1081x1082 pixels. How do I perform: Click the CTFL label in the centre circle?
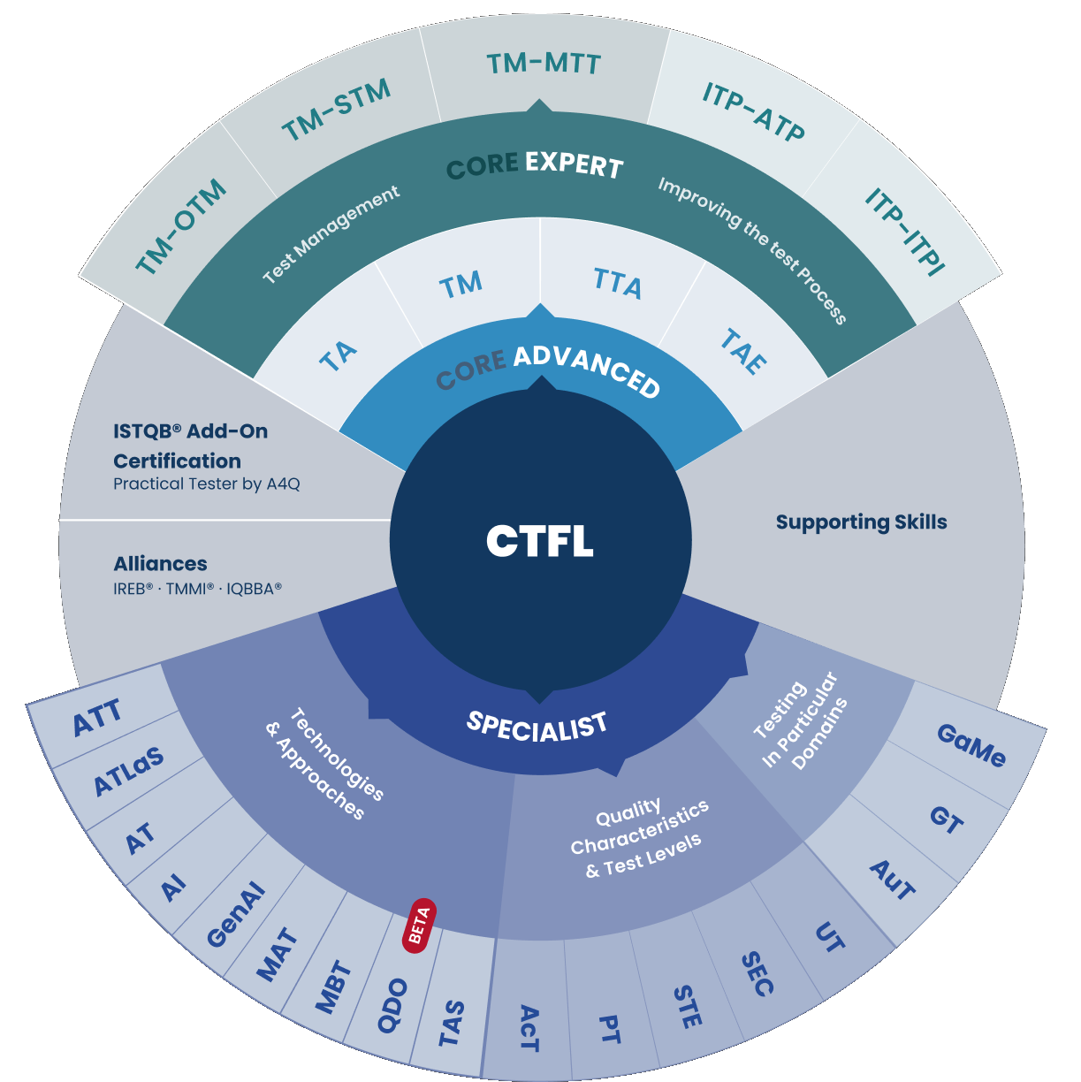[539, 541]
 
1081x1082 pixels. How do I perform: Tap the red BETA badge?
[419, 926]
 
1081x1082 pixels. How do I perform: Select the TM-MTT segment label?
[544, 64]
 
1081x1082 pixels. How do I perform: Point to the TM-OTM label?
[181, 227]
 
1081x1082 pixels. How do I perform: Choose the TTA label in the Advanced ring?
[618, 285]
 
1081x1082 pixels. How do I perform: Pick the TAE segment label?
[743, 352]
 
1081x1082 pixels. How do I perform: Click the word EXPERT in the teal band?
[574, 164]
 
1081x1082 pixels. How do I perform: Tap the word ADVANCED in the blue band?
[587, 370]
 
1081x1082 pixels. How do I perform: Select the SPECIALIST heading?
[537, 726]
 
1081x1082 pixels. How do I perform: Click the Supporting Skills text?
[861, 522]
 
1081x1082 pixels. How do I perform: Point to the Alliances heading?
[160, 564]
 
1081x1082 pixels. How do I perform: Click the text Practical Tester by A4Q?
[206, 484]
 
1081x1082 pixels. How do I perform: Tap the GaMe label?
[971, 745]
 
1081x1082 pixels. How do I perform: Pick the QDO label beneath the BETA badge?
[392, 1006]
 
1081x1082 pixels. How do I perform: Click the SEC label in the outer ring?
[757, 974]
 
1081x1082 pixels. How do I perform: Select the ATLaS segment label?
[129, 771]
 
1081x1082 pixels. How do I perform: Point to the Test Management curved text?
[331, 234]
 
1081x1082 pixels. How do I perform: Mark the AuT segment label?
[893, 880]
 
